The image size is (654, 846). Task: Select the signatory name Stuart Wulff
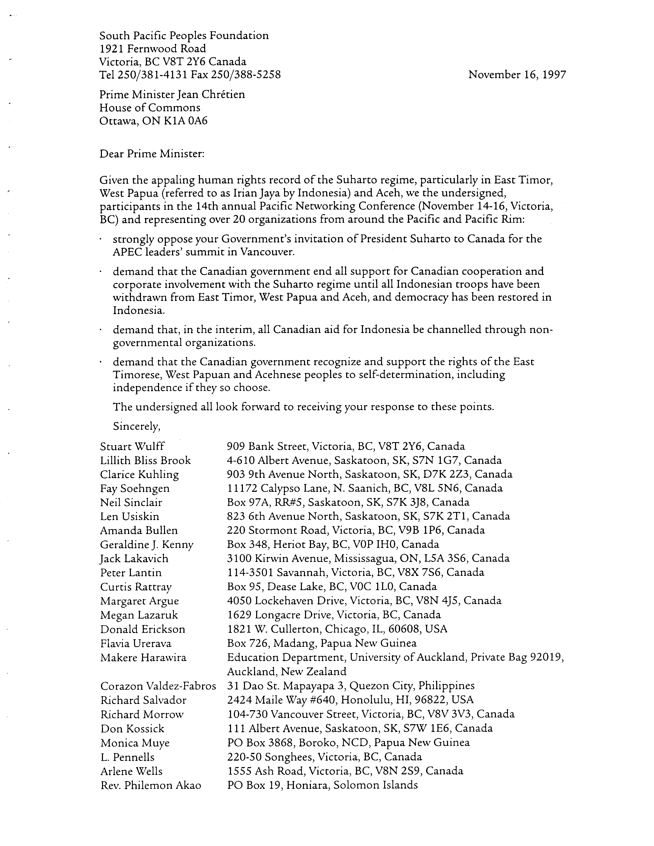point(132,447)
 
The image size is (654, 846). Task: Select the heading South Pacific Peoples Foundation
point(184,36)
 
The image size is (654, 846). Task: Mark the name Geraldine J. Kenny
point(146,545)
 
